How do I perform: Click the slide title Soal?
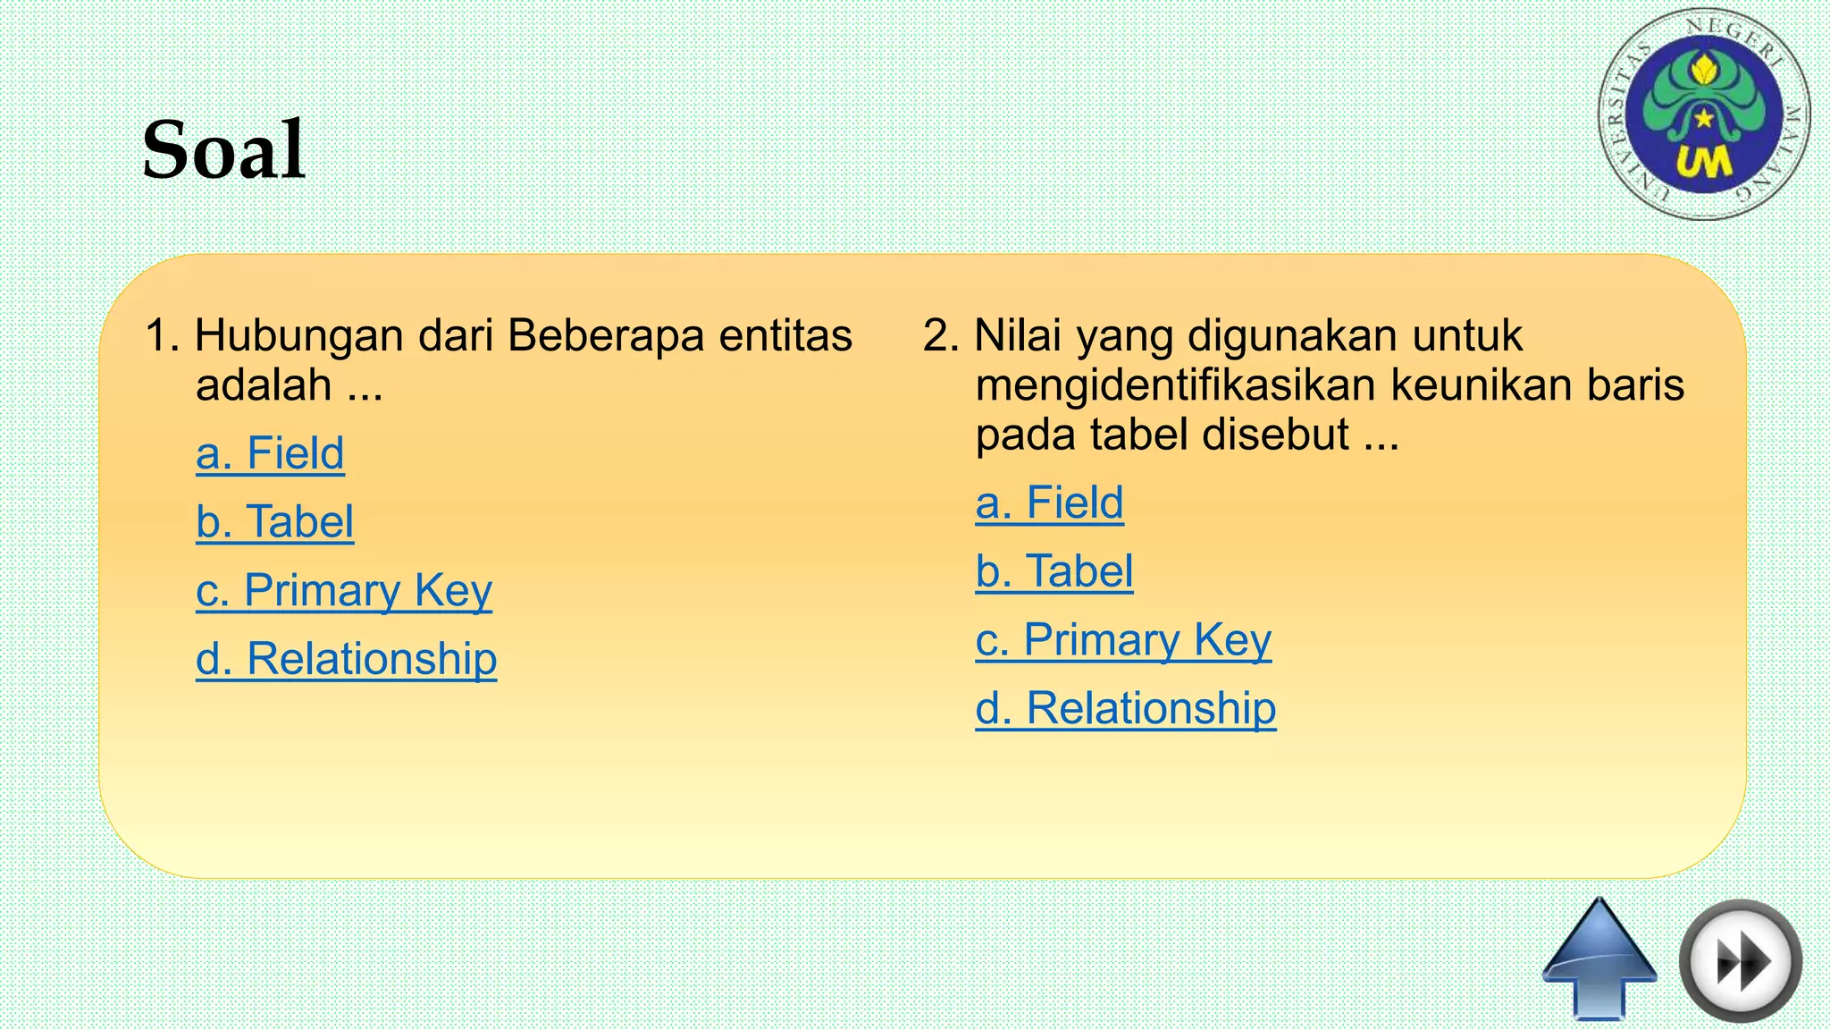point(223,150)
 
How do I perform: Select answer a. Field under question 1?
point(270,453)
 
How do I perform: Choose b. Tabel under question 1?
point(274,522)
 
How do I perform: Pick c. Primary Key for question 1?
point(344,591)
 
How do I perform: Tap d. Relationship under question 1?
point(346,660)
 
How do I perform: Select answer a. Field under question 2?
point(1049,502)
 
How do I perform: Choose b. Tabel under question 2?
point(1054,571)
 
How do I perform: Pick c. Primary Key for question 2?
point(1123,640)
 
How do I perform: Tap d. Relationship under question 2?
point(1126,709)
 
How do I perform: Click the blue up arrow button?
point(1599,957)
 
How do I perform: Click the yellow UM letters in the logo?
point(1703,163)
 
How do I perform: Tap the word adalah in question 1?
point(264,386)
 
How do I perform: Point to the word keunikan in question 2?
point(1481,386)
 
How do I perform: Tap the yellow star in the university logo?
point(1705,118)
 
